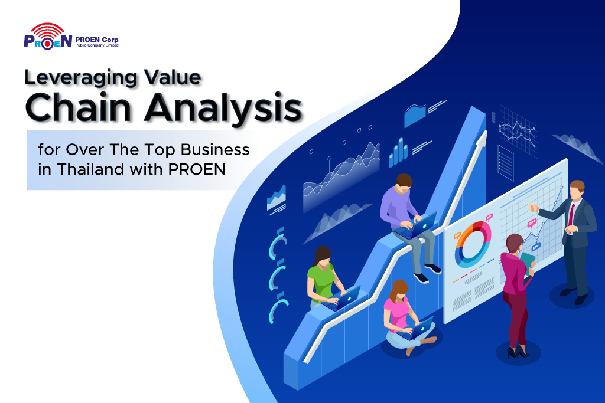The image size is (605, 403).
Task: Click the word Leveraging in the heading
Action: (x=80, y=78)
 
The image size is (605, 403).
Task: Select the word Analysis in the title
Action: (x=223, y=109)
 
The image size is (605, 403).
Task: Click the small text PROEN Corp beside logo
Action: (x=97, y=40)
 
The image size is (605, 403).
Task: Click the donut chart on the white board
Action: (x=471, y=245)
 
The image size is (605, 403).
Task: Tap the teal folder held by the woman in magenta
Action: (x=527, y=261)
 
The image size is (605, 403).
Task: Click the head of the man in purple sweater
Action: (x=404, y=183)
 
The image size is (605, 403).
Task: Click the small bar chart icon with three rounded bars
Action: (x=398, y=153)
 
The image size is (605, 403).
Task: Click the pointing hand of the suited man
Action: (x=534, y=207)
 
